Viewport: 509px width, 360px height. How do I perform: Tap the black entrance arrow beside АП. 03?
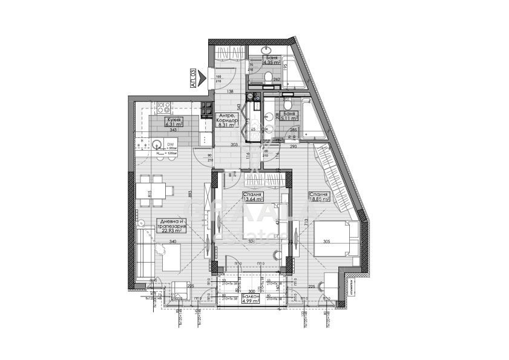[x=208, y=76]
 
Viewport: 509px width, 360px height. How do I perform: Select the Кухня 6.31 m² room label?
[x=174, y=123]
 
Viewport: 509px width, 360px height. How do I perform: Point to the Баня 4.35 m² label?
[x=271, y=59]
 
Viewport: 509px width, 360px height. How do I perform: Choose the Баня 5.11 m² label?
[x=289, y=116]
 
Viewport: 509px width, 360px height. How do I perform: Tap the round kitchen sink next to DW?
[x=157, y=145]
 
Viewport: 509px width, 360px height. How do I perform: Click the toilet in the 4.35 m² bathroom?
[x=268, y=77]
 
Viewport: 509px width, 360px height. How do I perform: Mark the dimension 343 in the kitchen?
[x=173, y=130]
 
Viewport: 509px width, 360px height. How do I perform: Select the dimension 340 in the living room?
[x=172, y=242]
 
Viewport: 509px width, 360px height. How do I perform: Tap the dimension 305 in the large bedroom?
[x=327, y=242]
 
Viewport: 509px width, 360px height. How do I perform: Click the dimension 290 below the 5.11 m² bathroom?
[x=293, y=147]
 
